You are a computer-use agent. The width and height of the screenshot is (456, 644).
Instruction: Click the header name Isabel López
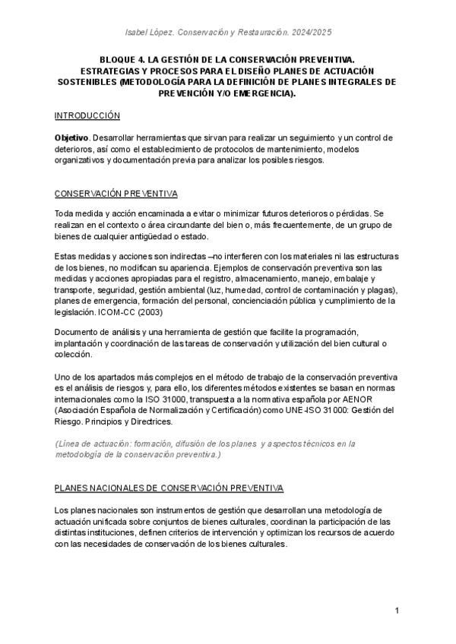[x=149, y=32]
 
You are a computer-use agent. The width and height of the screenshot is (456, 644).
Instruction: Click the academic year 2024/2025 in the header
[x=312, y=32]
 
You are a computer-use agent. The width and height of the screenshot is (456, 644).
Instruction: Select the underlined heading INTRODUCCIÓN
[x=88, y=115]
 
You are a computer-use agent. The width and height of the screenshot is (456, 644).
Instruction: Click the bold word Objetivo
[x=71, y=137]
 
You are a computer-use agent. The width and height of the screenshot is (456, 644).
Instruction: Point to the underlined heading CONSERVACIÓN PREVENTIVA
[x=117, y=194]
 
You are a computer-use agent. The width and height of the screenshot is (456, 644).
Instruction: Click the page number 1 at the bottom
[x=397, y=611]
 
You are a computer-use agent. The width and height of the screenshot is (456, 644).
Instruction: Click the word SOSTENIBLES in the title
[x=81, y=81]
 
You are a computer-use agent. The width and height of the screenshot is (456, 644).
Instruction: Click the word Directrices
[x=148, y=421]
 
